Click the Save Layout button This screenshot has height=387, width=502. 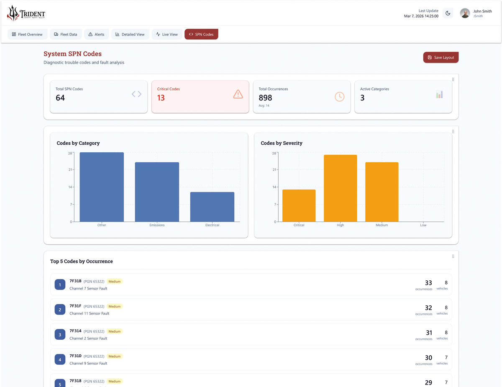pos(441,57)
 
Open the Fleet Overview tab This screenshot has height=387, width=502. pos(27,34)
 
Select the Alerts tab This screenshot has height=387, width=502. pos(96,34)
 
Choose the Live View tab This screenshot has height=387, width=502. pos(167,34)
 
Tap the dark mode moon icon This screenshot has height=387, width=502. pos(448,13)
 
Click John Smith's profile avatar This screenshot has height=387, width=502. pos(465,13)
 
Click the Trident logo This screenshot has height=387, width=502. pos(26,13)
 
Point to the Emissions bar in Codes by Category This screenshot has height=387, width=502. pos(157,192)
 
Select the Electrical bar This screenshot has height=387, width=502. pos(212,207)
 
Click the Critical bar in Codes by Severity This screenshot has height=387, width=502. pos(299,205)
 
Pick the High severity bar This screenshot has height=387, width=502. pos(340,188)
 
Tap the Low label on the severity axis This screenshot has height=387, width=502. pos(423,225)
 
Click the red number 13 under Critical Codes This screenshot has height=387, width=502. pos(161,98)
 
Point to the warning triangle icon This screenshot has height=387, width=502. pos(238,95)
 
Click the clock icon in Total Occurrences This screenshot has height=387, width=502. pos(339,97)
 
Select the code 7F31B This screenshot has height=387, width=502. pos(76,281)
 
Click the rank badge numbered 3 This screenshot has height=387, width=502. pos(60,334)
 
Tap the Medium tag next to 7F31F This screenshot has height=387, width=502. pos(114,306)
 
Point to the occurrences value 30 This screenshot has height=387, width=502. pos(428,358)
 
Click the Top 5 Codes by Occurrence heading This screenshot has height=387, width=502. pos(82,261)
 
